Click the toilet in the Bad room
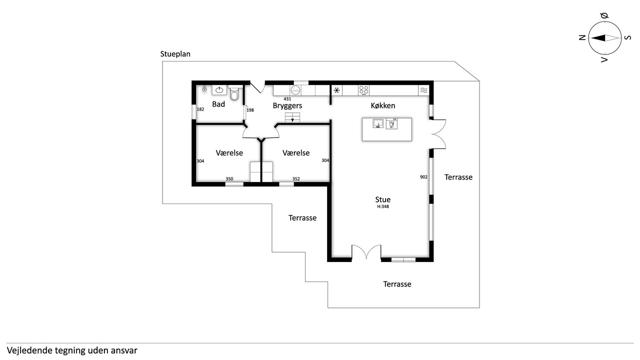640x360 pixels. coord(234,93)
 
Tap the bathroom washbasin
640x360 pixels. coord(219,90)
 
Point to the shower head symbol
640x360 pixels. coord(204,90)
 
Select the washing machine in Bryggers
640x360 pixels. coord(295,90)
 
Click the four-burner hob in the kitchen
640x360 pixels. coord(363,90)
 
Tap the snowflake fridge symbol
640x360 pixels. coord(337,90)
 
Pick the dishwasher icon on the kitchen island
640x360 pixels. coord(391,124)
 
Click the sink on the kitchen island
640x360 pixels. coord(378,123)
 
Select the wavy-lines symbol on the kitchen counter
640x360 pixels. coord(424,90)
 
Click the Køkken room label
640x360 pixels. coord(383,105)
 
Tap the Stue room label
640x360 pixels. coord(383,199)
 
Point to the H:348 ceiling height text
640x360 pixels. coord(383,206)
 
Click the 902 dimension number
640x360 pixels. coord(423,177)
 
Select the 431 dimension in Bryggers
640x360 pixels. coord(287,99)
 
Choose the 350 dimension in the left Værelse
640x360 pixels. coord(229,179)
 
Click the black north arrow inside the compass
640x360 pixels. coord(598,38)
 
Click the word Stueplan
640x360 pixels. coord(175,54)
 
